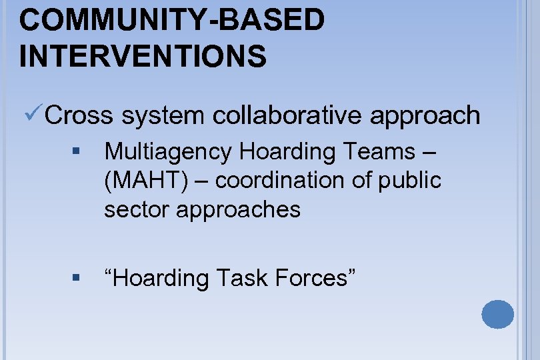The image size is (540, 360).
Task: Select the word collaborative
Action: [x=289, y=115]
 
